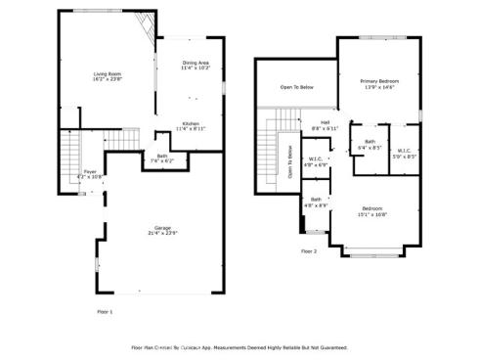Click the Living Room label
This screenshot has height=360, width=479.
pyautogui.click(x=108, y=76)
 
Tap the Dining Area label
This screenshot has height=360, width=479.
pyautogui.click(x=196, y=66)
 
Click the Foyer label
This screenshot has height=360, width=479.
pyautogui.click(x=89, y=173)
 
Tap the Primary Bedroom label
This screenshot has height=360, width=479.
pyautogui.click(x=379, y=84)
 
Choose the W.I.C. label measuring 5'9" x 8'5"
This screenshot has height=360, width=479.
pyautogui.click(x=404, y=152)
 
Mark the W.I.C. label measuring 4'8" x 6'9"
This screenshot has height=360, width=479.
pyautogui.click(x=315, y=163)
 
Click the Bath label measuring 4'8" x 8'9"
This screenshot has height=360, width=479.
pyautogui.click(x=316, y=202)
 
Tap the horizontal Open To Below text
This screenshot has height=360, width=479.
pyautogui.click(x=296, y=88)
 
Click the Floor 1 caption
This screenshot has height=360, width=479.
pyautogui.click(x=105, y=311)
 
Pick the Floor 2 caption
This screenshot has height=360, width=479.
pyautogui.click(x=309, y=251)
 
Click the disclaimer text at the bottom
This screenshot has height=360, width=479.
pyautogui.click(x=239, y=347)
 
